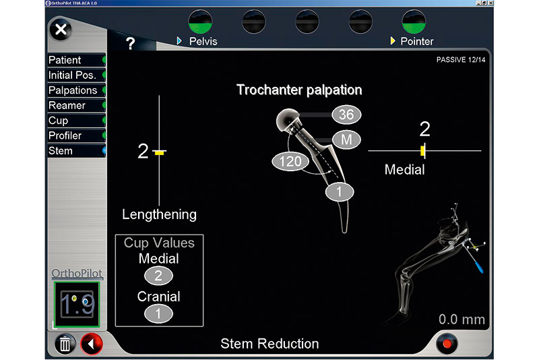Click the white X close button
(61, 30)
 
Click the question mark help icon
(130, 43)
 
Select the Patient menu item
(76, 60)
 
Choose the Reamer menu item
(76, 105)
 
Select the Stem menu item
(76, 150)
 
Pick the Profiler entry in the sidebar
(76, 136)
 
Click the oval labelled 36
(346, 115)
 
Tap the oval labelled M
(346, 140)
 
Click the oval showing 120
(290, 161)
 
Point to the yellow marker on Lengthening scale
(159, 152)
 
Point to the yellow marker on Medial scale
(422, 150)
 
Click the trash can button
(65, 344)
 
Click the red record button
(447, 344)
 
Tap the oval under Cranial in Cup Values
(158, 313)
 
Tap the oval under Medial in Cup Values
(158, 276)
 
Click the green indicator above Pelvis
(200, 22)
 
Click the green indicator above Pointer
(414, 22)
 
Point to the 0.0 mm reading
(462, 320)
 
